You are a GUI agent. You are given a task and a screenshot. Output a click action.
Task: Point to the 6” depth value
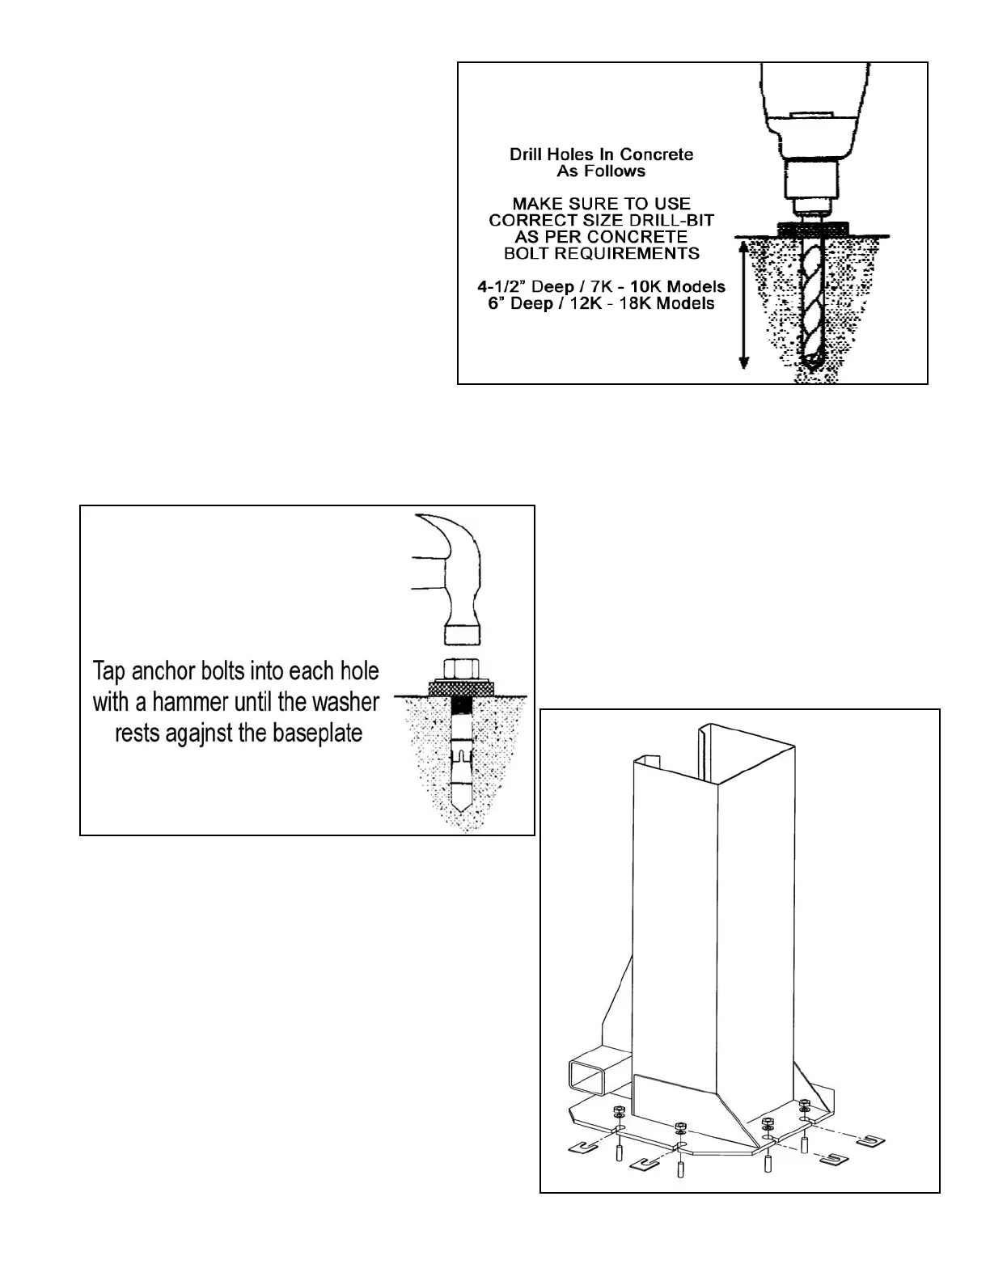(x=492, y=304)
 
